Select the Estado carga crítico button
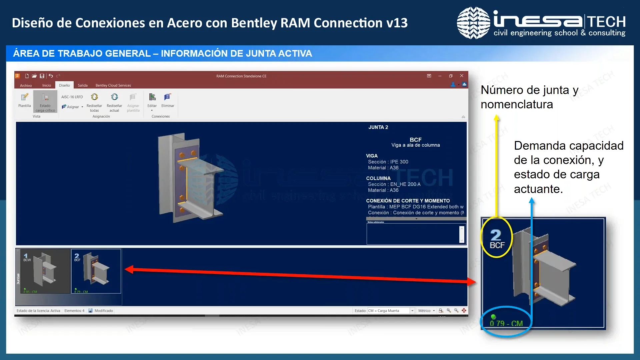pos(45,102)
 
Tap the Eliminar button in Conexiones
pos(168,100)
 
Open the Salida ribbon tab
pos(83,85)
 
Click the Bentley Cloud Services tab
pos(113,85)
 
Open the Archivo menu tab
pos(26,86)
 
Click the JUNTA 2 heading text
pos(378,127)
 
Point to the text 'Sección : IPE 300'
pos(388,162)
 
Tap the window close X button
pos(462,76)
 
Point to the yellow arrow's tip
pos(496,117)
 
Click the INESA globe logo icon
pos(473,23)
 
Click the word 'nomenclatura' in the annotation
pos(517,105)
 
